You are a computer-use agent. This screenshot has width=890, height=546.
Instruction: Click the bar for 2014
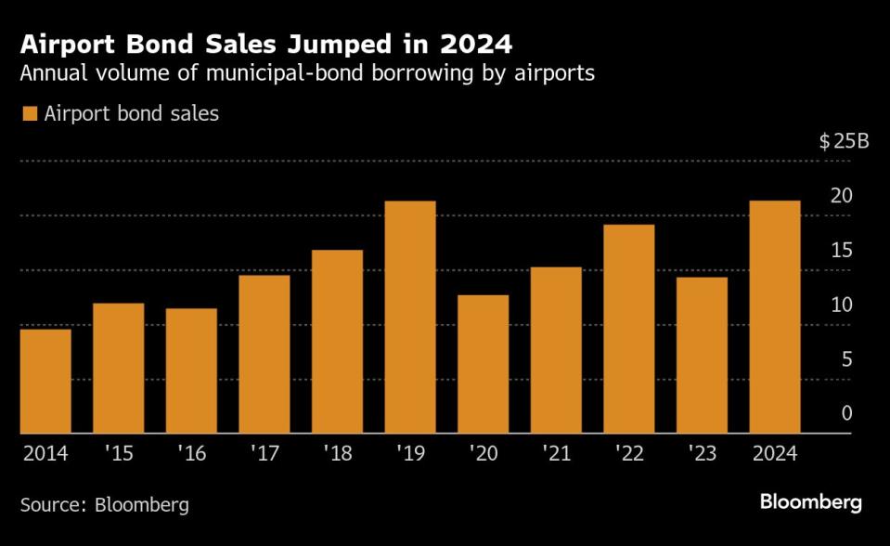coord(45,382)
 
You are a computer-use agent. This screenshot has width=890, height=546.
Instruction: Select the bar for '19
coord(410,318)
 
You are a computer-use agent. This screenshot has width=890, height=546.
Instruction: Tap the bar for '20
coord(483,365)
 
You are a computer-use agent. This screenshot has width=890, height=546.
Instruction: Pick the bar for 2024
coord(775,318)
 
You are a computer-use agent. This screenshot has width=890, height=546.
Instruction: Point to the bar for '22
coord(629,330)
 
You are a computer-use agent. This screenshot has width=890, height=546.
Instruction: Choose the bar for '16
coord(191,371)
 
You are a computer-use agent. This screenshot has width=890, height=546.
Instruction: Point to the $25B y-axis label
coord(843,142)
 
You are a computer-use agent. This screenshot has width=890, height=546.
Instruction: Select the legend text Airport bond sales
coord(131,114)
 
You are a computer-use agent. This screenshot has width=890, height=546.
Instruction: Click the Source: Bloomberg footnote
coord(105,505)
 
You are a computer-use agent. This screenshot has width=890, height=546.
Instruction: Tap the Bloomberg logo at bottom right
coord(810,502)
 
